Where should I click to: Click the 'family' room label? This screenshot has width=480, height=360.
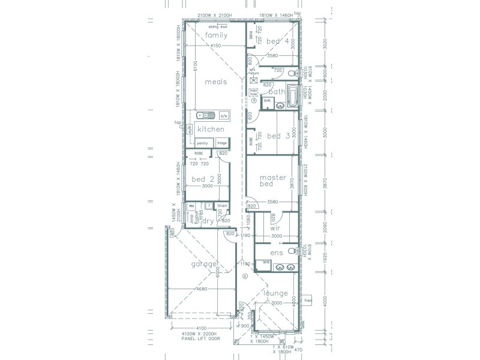[x=216, y=35]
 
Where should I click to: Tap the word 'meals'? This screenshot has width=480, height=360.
[x=215, y=82]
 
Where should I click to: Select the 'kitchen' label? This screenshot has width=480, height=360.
[x=211, y=129]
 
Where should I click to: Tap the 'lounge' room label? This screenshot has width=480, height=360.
[x=275, y=293]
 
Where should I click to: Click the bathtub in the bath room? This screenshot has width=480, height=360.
[x=292, y=95]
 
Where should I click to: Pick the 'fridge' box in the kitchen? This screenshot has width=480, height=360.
[x=222, y=143]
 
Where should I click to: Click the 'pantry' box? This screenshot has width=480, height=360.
[x=202, y=143]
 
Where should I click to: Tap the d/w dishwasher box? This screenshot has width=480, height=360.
[x=224, y=115]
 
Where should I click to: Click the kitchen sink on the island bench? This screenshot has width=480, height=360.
[x=205, y=114]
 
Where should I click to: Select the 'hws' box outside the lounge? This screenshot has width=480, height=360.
[x=308, y=300]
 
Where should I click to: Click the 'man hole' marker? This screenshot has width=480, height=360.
[x=253, y=92]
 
